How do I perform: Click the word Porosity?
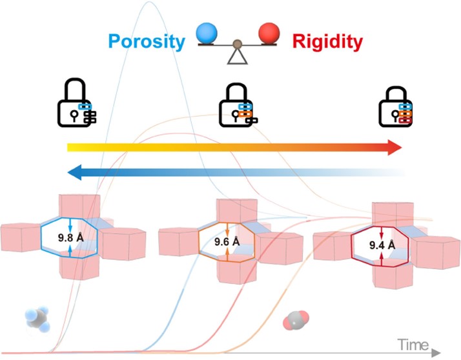coord(147,42)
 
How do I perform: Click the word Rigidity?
coord(327,42)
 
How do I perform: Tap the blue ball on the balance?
coord(207,33)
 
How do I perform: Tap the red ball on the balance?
coord(269,33)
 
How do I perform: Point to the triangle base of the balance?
coord(237,56)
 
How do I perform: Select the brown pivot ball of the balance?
coord(237,45)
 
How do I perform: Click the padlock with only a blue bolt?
coord(77,103)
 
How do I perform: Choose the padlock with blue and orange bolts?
coord(238,105)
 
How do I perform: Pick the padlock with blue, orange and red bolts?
coord(395,106)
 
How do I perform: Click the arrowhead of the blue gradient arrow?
coord(75,172)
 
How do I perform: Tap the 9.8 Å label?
coord(70,237)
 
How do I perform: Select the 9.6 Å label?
coord(227,241)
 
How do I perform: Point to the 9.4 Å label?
coord(382,245)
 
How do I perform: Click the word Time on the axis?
coord(413,345)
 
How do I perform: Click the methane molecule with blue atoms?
coord(37,319)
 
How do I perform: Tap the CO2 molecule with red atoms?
coord(296,320)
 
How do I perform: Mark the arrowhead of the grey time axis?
coord(436,353)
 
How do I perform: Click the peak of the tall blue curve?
coord(149,2)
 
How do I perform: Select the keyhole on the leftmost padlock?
coord(74,115)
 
